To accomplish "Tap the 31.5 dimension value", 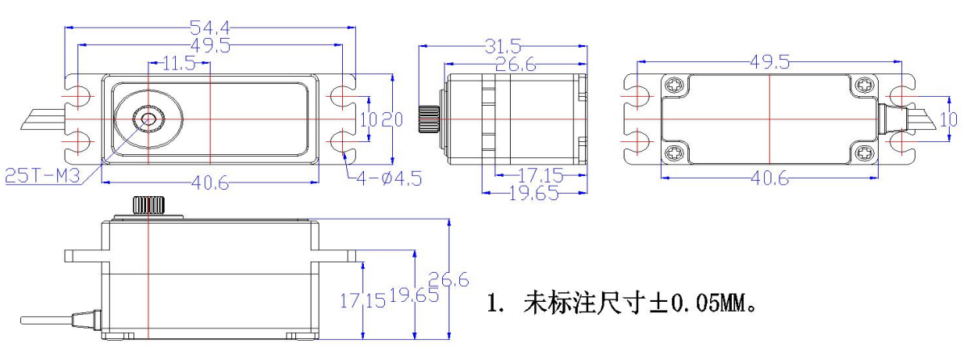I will (x=502, y=47).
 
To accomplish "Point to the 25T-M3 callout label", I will (x=42, y=175).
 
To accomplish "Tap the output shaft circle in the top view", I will (x=148, y=119).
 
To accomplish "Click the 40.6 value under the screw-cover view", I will (x=771, y=179).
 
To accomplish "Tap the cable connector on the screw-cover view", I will (x=888, y=119).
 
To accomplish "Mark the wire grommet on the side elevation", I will (x=83, y=319).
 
